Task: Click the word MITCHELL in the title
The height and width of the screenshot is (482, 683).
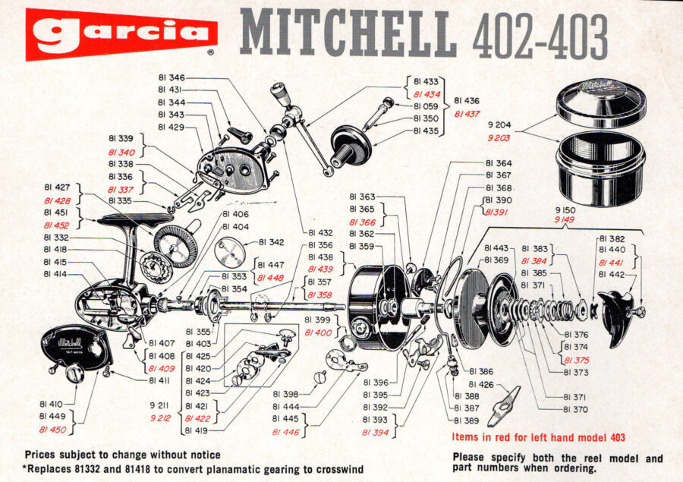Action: click(x=348, y=35)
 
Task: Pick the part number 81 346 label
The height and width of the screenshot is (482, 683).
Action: click(x=172, y=78)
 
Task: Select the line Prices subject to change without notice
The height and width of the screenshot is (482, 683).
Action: click(x=122, y=455)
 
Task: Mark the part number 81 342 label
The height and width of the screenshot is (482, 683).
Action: click(x=271, y=242)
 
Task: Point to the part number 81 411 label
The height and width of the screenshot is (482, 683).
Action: click(x=159, y=380)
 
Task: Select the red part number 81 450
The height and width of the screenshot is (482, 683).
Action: click(x=52, y=430)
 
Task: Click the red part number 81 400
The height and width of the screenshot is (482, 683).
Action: click(x=318, y=332)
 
